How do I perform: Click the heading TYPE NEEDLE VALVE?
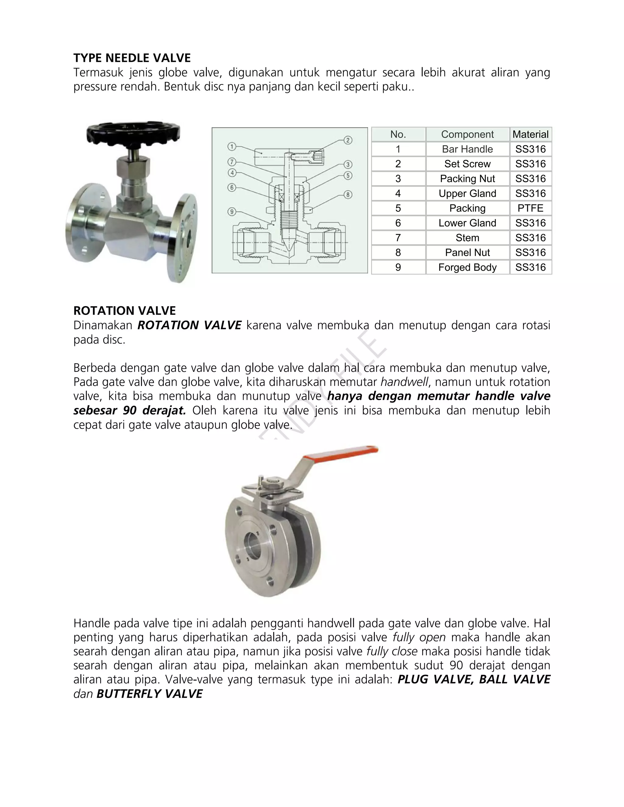tap(132, 58)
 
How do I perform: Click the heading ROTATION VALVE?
tap(125, 311)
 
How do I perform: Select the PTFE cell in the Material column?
tap(530, 208)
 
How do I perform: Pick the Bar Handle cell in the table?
tap(467, 149)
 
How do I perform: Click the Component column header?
tap(467, 135)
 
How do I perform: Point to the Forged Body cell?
tap(467, 267)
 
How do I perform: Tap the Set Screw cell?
tap(467, 164)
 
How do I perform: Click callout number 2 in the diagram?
tap(348, 140)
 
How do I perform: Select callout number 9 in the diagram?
tap(232, 212)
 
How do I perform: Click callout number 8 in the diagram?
tap(348, 195)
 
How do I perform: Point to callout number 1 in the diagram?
tap(232, 147)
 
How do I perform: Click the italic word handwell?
tap(404, 382)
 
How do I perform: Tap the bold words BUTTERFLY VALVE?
tap(149, 694)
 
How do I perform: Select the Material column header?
tap(530, 135)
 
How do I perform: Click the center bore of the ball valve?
tap(255, 544)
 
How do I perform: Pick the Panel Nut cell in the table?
tap(467, 253)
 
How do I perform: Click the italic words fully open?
tap(419, 637)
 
